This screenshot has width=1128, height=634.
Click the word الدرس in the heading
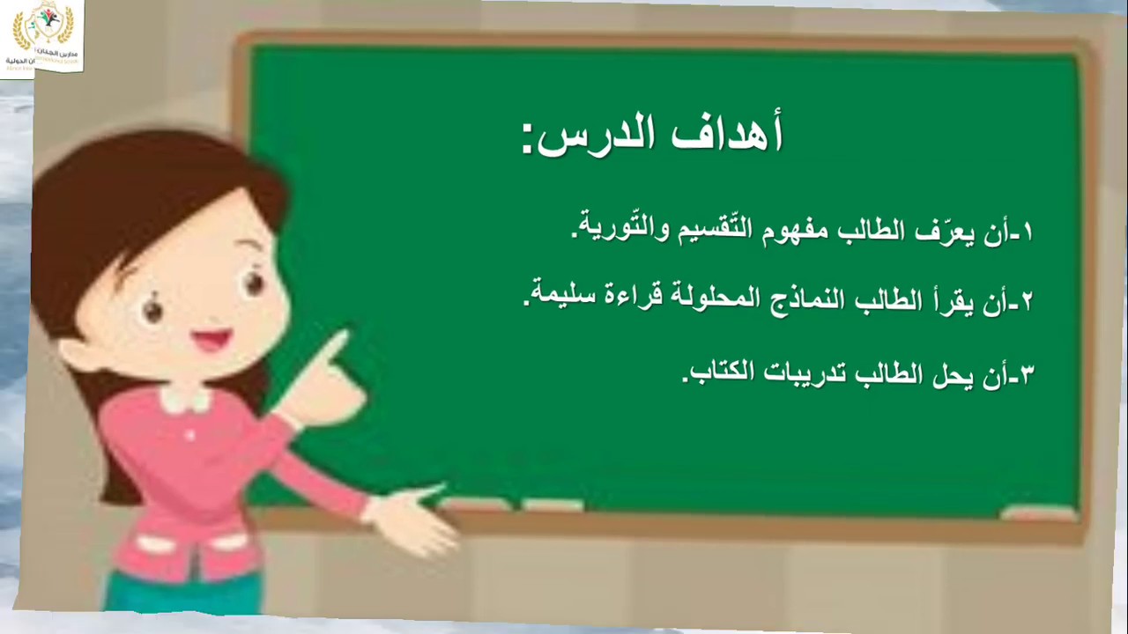pos(599,137)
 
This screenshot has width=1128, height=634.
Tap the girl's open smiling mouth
pos(211,341)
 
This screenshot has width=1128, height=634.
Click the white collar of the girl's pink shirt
pos(185,402)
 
